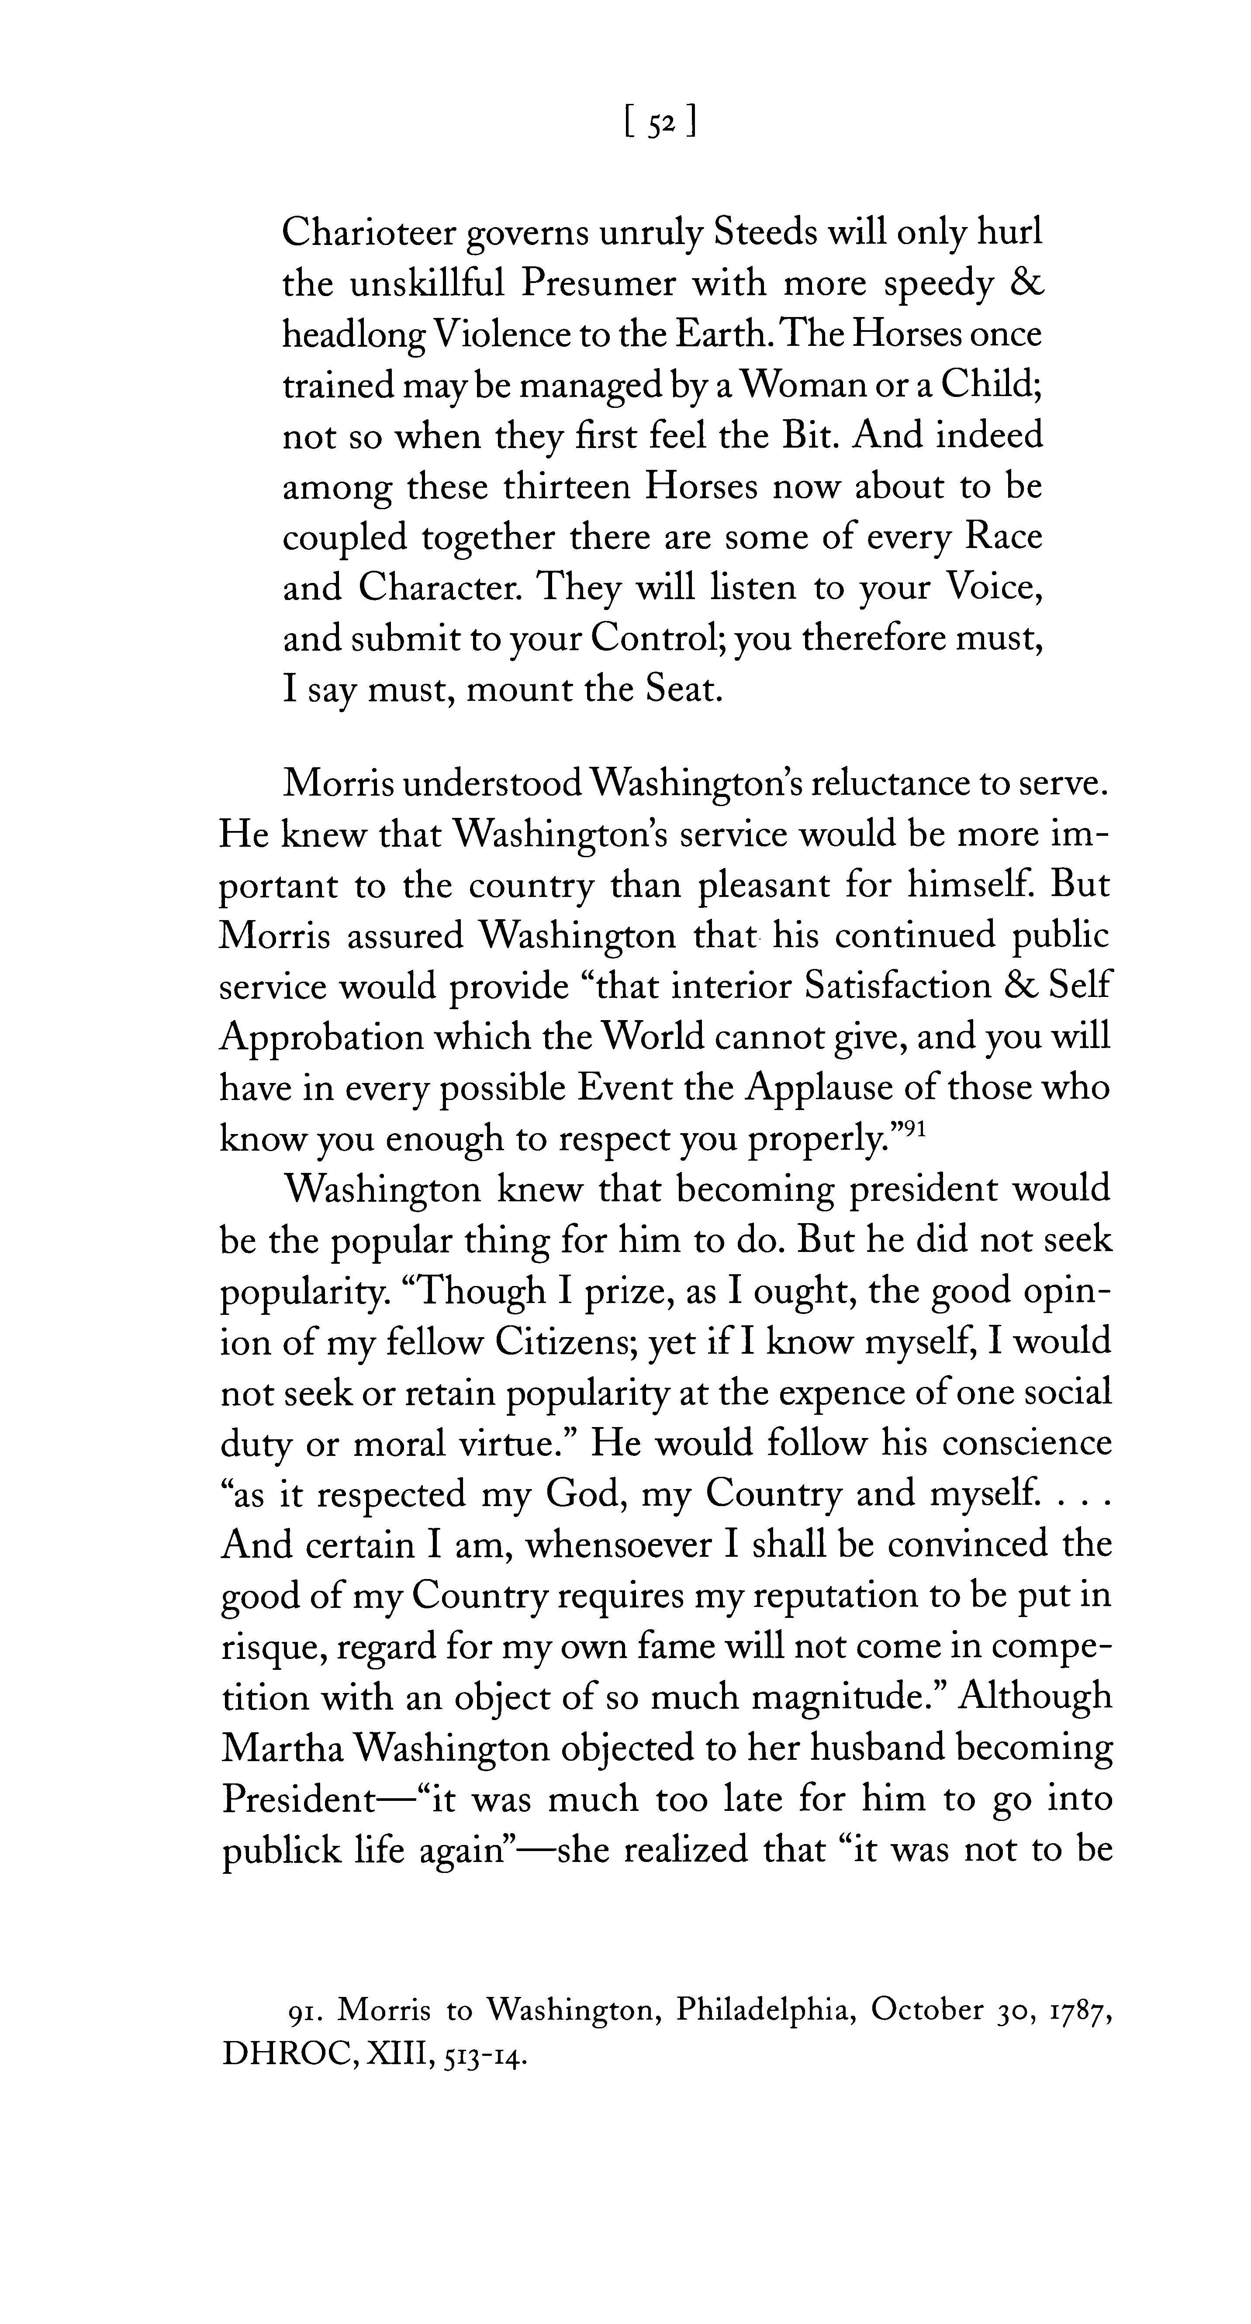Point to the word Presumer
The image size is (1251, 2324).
click(x=598, y=284)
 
